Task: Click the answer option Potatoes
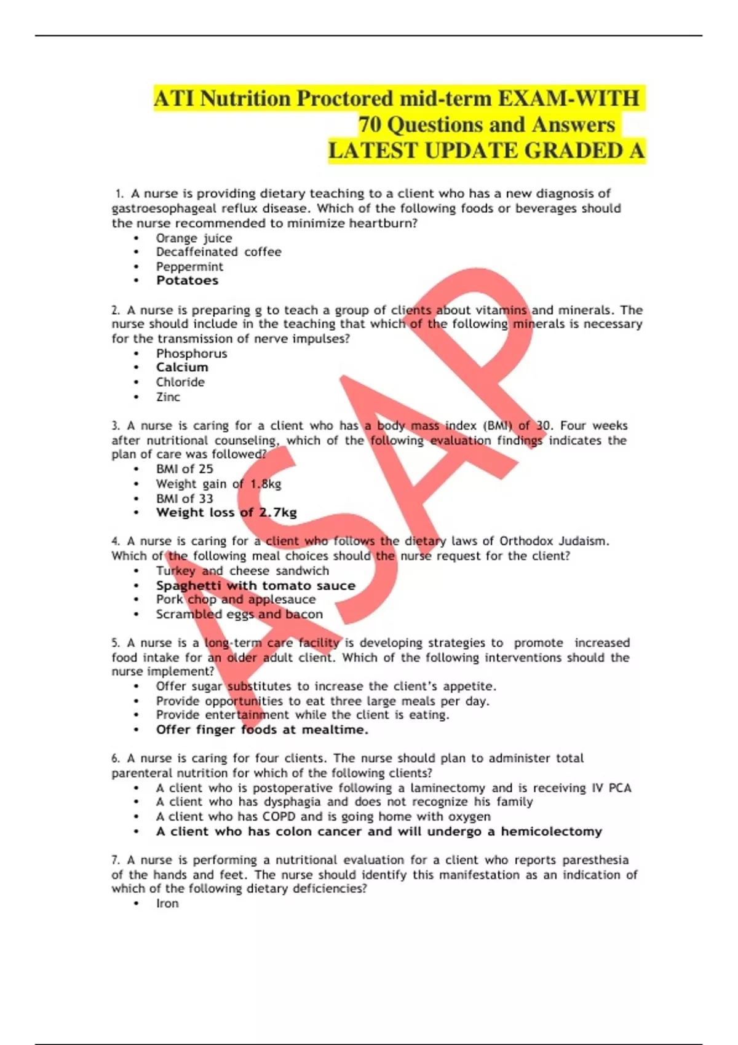click(x=187, y=280)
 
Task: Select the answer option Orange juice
click(x=194, y=238)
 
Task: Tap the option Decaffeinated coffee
click(x=218, y=252)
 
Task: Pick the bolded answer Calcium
click(x=182, y=367)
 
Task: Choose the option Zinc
click(x=168, y=397)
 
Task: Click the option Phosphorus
click(x=191, y=353)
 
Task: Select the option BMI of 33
click(x=184, y=499)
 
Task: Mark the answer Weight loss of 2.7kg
click(x=226, y=513)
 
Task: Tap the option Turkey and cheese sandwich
click(x=242, y=570)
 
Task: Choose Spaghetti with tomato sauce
click(x=255, y=586)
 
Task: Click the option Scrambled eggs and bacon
click(x=239, y=614)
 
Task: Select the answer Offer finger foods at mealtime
click(x=262, y=730)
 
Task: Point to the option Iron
click(x=167, y=904)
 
